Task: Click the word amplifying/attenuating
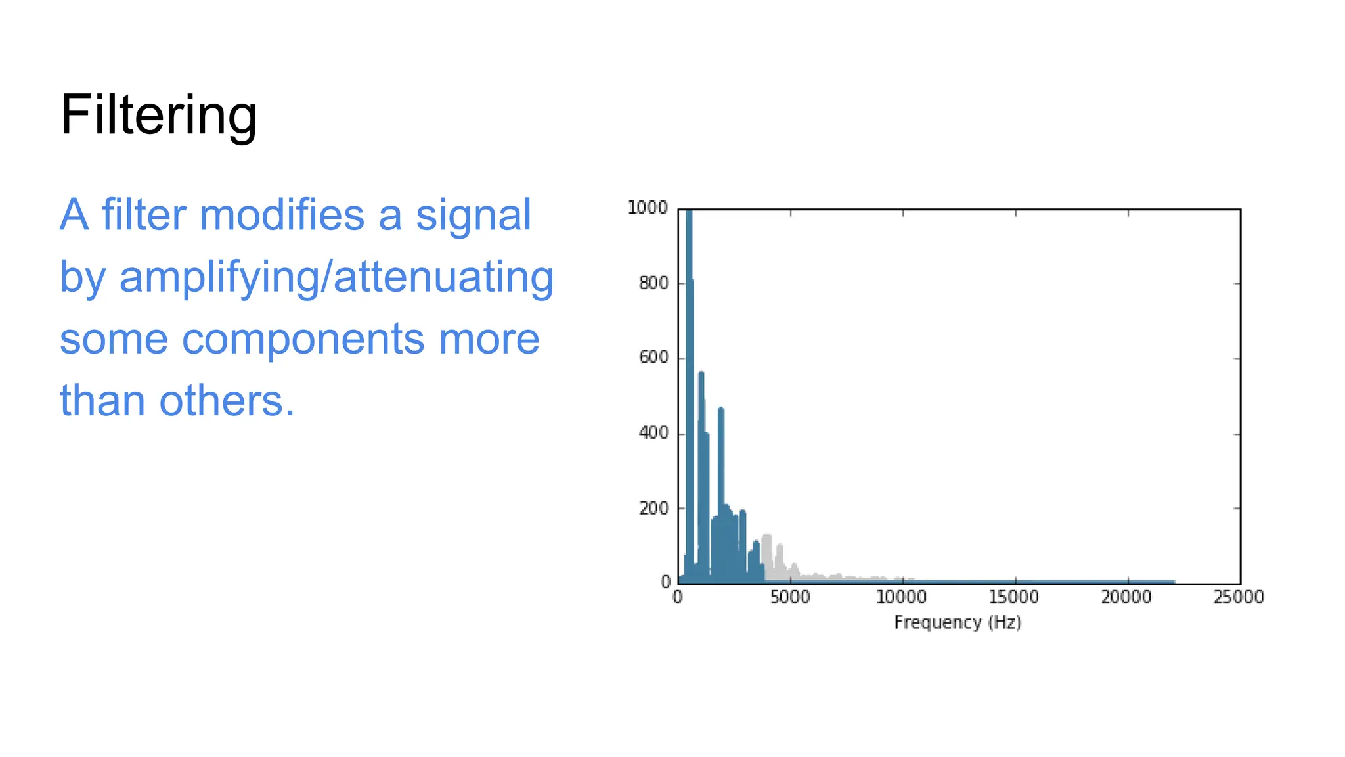(336, 277)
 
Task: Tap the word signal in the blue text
(473, 215)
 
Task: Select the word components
(303, 339)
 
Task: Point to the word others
(227, 401)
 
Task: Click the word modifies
(281, 215)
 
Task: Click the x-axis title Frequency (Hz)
(958, 622)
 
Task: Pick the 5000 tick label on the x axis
(790, 597)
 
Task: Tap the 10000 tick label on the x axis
(901, 597)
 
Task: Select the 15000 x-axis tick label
(1013, 597)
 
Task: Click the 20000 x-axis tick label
(1126, 597)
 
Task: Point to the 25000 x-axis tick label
(1239, 597)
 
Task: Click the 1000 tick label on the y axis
(648, 208)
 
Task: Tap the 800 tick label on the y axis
(653, 283)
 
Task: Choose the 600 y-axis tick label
(653, 357)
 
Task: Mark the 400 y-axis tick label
(653, 433)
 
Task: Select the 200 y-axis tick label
(653, 508)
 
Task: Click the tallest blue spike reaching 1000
(689, 329)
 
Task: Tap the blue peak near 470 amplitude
(721, 460)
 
